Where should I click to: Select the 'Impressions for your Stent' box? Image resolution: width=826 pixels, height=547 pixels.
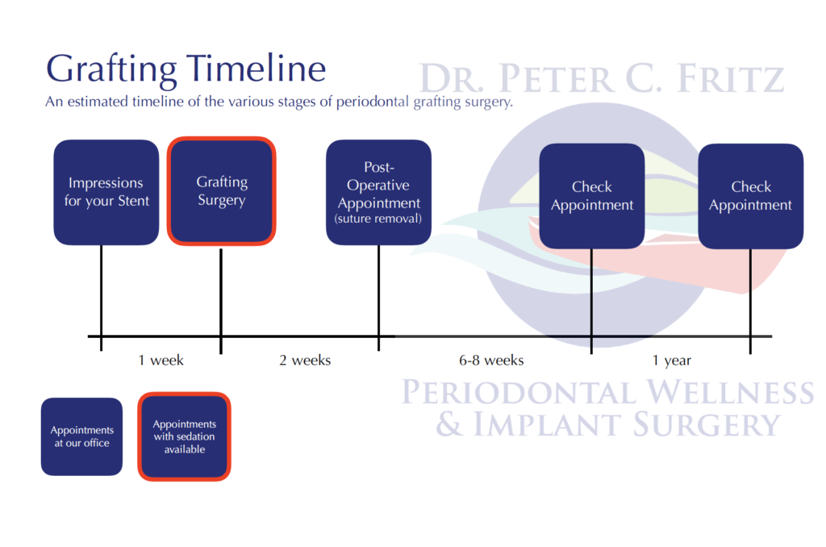tap(106, 192)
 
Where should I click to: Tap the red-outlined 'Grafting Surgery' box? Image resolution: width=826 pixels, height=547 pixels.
tap(222, 191)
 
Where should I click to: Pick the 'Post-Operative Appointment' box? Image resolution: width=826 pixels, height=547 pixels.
tap(378, 192)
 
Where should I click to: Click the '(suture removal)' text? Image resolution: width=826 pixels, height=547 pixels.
tap(378, 219)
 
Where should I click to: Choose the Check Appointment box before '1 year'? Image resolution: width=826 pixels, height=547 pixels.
tap(591, 196)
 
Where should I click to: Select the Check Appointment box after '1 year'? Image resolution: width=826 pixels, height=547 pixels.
tap(750, 196)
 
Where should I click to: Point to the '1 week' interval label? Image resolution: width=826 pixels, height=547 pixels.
tap(161, 360)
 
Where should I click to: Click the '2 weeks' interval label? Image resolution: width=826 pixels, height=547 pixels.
tap(305, 360)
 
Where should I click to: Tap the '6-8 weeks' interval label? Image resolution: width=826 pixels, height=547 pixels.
tap(491, 360)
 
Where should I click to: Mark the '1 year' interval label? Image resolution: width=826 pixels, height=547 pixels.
tap(671, 360)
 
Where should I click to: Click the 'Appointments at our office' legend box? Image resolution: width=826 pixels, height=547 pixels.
tap(81, 436)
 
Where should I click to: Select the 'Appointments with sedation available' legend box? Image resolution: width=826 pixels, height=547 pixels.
tap(184, 436)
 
